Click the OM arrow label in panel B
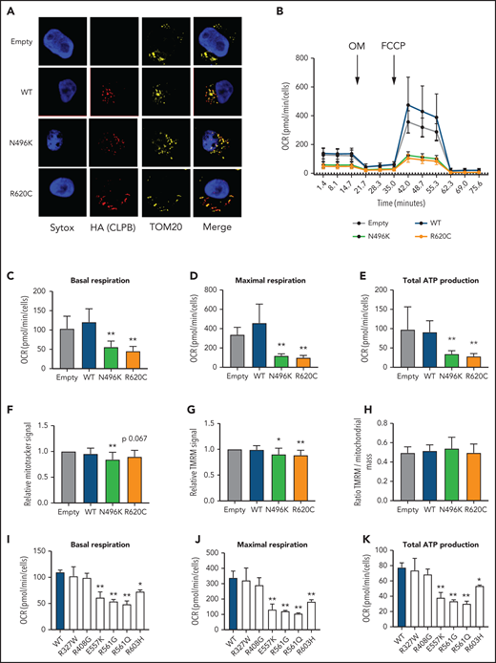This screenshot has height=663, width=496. pyautogui.click(x=359, y=43)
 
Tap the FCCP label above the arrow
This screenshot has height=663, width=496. pyautogui.click(x=397, y=43)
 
